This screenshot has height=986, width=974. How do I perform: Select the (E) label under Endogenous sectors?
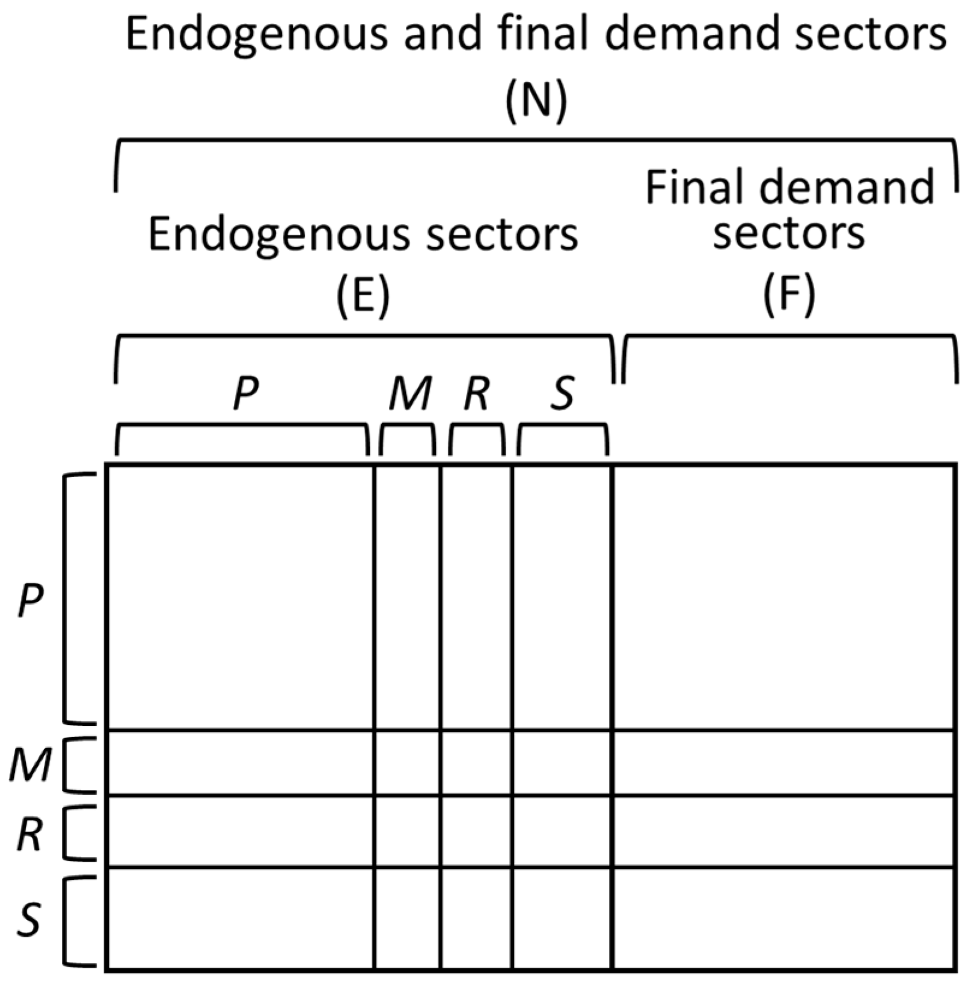pos(363,295)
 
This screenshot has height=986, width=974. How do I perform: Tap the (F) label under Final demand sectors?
pos(789,295)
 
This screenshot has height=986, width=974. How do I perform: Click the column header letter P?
pos(246,394)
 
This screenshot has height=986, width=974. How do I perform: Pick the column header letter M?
pos(410,394)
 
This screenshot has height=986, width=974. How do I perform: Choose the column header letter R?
pos(477,394)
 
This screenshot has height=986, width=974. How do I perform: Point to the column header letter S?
pos(563,394)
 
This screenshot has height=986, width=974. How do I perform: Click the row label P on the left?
pos(30,600)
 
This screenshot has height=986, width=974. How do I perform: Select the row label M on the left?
pos(30,765)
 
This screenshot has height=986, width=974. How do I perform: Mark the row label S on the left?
pos(29,919)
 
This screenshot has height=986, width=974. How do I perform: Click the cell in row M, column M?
pos(408,763)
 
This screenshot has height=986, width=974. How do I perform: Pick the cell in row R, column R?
pos(476,832)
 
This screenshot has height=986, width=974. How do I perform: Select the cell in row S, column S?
pos(562,918)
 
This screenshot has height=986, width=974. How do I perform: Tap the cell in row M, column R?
pos(476,763)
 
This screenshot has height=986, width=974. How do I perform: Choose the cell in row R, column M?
pos(408,832)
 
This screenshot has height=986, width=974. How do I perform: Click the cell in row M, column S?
pos(562,763)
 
